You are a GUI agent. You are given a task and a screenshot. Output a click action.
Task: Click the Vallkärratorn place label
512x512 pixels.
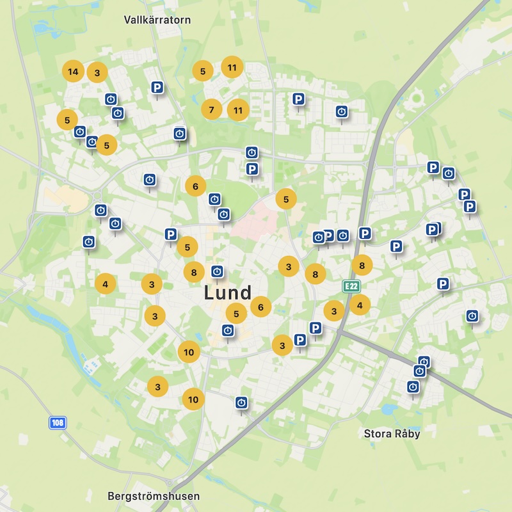pos(157,20)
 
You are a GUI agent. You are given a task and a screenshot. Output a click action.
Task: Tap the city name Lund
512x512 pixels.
pos(227,293)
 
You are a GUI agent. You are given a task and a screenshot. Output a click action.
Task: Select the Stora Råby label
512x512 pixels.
pos(392,433)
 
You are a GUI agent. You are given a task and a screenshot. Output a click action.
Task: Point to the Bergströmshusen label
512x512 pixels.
pos(154,496)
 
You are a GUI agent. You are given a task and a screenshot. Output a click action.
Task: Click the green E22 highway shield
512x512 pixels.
pos(350,286)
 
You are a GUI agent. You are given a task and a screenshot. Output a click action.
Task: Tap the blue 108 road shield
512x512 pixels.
pos(58,423)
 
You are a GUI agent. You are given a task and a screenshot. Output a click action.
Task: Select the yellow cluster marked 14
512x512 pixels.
pos(73,72)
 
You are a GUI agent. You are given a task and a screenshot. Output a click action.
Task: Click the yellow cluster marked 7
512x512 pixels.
pos(211,109)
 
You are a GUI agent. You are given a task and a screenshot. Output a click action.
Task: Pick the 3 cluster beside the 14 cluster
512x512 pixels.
pos(97,72)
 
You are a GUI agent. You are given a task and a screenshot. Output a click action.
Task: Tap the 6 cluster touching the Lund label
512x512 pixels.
pos(260,307)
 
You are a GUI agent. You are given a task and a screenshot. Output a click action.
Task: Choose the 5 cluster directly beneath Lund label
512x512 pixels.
pos(237,314)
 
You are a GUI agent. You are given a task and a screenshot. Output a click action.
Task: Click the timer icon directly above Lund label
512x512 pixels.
pos(218,271)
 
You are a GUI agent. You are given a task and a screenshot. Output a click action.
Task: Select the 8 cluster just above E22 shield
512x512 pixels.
pos(362,265)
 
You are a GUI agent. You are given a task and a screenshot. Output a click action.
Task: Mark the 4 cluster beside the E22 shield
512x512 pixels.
pos(360,305)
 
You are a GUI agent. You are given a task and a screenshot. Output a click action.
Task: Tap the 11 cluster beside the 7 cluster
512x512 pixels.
pos(238,110)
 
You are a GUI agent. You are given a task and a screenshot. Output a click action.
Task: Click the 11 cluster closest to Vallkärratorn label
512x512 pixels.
pos(232,67)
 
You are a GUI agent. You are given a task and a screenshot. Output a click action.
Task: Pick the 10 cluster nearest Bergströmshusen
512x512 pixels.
pos(193,399)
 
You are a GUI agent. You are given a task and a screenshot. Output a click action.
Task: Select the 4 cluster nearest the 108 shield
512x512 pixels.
pos(106,282)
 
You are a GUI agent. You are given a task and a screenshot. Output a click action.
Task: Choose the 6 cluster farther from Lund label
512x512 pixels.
pos(195,186)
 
